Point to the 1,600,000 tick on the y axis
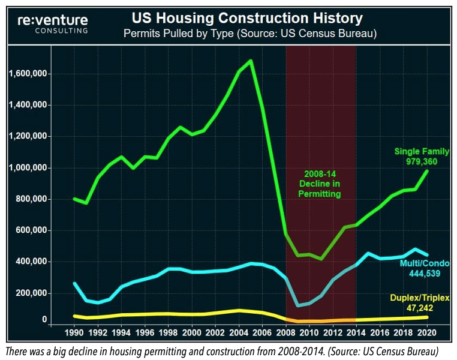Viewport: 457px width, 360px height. tap(28, 74)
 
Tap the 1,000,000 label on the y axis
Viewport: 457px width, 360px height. tap(28, 168)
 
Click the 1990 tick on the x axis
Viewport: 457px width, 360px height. tap(74, 332)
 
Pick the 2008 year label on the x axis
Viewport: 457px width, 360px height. tap(285, 332)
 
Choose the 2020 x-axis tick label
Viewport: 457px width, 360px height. tap(426, 332)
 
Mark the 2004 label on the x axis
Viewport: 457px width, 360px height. tap(239, 332)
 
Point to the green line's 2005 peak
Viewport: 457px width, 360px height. tap(250, 61)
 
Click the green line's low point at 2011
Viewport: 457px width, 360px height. tap(321, 259)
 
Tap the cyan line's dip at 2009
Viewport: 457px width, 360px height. tap(297, 305)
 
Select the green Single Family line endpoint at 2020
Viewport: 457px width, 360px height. tap(426, 170)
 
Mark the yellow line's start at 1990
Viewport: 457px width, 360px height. tap(74, 316)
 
